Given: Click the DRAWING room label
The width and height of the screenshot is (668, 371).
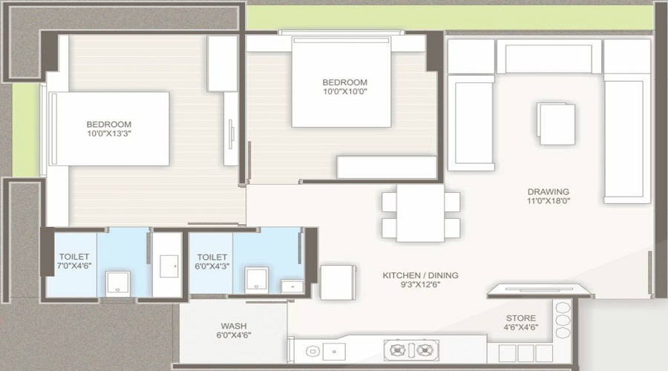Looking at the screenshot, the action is tap(549, 191).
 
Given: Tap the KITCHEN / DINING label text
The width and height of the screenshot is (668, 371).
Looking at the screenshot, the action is tap(421, 275).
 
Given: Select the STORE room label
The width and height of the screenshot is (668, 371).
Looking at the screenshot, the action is tap(521, 318).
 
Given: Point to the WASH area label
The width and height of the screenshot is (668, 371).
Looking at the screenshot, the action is tap(234, 326).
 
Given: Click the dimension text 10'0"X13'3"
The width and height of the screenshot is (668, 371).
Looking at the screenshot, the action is tap(108, 134).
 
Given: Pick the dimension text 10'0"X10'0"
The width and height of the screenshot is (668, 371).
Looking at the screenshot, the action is tap(344, 91).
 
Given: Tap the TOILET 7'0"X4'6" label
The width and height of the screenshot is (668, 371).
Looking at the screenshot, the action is tap(74, 261).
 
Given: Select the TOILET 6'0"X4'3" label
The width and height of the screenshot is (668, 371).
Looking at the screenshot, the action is tap(212, 261).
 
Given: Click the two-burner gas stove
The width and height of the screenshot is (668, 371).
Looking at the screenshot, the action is tap(411, 350).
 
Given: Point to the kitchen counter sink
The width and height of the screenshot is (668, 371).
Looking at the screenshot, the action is tap(334, 352).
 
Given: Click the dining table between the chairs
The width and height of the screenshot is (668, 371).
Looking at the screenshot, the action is tap(421, 213).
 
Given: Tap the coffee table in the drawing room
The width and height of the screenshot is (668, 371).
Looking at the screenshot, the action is tap(557, 124).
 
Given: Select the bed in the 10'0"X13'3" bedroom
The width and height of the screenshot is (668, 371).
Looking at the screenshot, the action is tap(110, 128).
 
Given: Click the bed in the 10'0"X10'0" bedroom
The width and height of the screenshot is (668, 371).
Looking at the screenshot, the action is tap(341, 82).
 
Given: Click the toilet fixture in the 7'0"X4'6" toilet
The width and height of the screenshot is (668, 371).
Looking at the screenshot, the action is tap(117, 283).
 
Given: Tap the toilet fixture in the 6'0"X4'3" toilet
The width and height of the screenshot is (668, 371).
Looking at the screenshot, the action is tap(257, 280).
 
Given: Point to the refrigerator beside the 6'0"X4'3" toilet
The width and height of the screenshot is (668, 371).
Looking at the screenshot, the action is tap(338, 282).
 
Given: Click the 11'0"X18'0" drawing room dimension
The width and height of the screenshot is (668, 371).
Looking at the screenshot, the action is tap(549, 201).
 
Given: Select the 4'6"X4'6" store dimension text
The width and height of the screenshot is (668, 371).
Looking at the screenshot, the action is tap(521, 327).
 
